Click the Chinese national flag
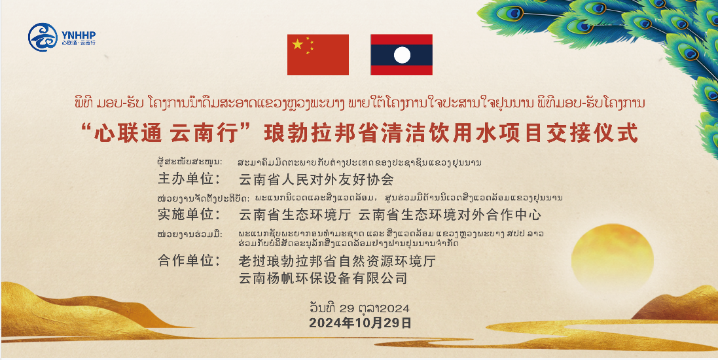[318, 54]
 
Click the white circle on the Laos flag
[402, 55]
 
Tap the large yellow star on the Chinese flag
[298, 45]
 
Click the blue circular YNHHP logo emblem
[43, 37]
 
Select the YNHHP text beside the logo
[79, 35]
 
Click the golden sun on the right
[612, 258]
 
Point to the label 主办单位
[189, 179]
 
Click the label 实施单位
[189, 214]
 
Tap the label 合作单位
[189, 261]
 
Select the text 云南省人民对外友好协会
[316, 179]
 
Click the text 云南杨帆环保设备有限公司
[323, 278]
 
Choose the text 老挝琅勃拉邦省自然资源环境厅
[337, 261]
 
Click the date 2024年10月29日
[360, 323]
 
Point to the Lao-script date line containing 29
[359, 308]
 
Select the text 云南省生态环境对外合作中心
[450, 215]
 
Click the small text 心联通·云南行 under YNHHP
[79, 43]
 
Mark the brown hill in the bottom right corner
[677, 304]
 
